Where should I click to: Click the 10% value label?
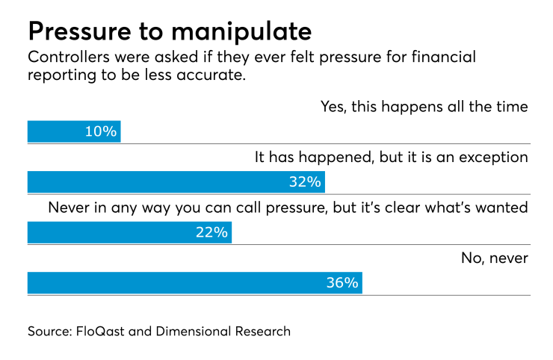102,132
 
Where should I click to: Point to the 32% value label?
305,182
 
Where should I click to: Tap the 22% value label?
211,233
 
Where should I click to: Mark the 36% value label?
342,283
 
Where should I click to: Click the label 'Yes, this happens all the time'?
424,107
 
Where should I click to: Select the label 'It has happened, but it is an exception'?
392,158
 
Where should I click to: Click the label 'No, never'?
495,258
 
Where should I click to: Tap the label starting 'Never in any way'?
288,208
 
